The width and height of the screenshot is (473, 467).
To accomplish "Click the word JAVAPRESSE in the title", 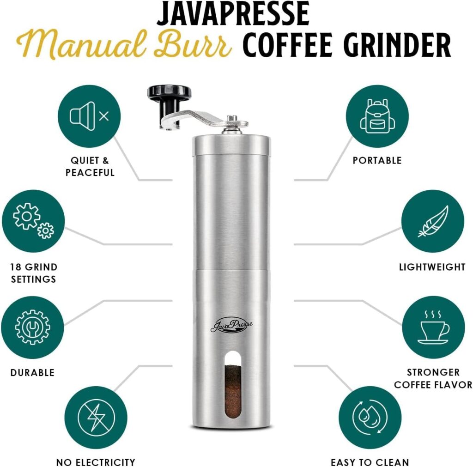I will (233, 14).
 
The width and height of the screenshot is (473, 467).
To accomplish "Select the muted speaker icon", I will (89, 116).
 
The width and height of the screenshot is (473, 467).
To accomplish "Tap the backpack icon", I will (377, 116).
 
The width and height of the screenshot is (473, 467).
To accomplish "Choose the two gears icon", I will (33, 221).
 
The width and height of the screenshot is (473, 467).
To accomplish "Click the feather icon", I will (432, 221).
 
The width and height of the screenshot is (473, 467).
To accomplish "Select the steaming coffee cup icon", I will (433, 328).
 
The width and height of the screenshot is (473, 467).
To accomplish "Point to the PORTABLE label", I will (377, 161).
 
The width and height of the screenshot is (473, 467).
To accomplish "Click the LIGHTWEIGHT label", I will (432, 267).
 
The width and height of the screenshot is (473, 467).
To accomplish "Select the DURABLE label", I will (32, 372).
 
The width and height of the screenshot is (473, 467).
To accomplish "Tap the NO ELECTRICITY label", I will (96, 462).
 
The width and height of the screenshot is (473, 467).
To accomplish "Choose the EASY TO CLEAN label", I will (370, 462).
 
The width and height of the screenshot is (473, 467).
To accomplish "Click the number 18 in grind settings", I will (16, 267).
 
